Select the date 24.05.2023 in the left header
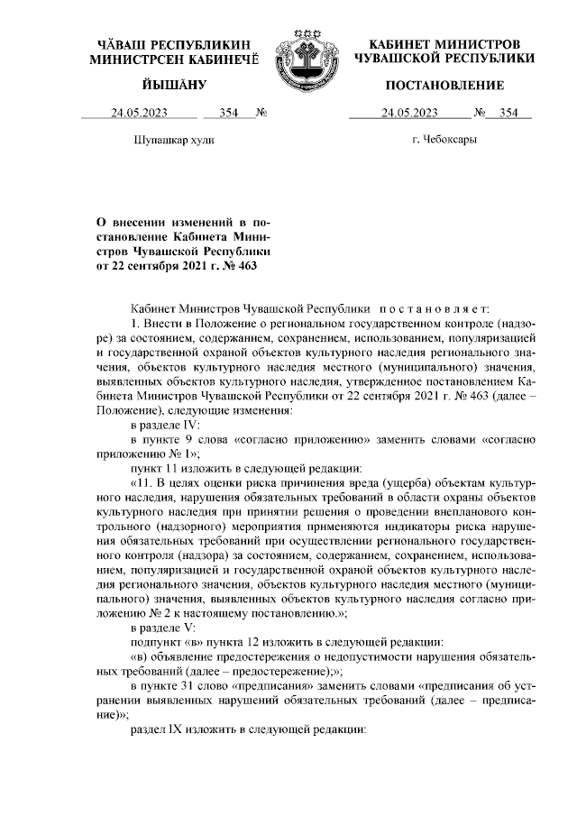pos(139,114)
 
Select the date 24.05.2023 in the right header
pos(409,114)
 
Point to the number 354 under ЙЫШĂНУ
pos(227,114)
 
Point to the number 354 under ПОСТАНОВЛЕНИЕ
pos(508,114)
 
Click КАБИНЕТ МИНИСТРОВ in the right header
pos(444,44)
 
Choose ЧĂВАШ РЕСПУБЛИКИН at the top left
pos(174,44)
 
